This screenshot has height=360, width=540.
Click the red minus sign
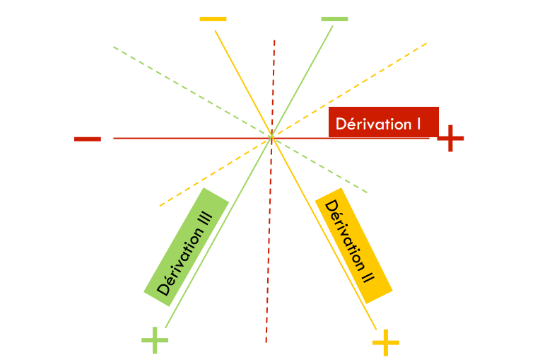[x=87, y=139]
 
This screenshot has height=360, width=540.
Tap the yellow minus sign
[x=213, y=18]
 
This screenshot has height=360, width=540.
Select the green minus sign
[x=334, y=18]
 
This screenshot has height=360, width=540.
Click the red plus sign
[x=450, y=139]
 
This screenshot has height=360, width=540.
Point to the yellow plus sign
[x=386, y=343]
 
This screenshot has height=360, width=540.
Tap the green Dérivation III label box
[x=186, y=242]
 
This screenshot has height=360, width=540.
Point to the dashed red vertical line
[x=269, y=283]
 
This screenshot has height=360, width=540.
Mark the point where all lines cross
[x=271, y=137]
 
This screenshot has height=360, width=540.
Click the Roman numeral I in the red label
[x=418, y=124]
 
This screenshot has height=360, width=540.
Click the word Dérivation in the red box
[x=373, y=124]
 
